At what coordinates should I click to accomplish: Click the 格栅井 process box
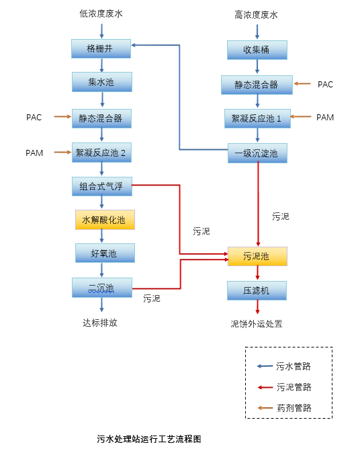click(101, 48)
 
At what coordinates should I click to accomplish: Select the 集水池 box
click(101, 82)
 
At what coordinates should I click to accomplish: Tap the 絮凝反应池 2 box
click(101, 153)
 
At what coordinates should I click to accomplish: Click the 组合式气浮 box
click(101, 186)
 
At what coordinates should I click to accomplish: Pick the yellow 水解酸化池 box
click(104, 220)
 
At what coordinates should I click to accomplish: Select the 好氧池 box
click(104, 253)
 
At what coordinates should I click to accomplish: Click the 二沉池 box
click(101, 288)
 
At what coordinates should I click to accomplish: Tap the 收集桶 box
click(257, 50)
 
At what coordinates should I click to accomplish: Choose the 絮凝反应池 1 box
click(257, 118)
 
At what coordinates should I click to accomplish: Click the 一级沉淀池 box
click(257, 153)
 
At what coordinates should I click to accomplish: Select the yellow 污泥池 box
click(257, 256)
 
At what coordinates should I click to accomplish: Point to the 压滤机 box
click(257, 290)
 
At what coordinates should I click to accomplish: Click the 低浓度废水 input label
click(101, 13)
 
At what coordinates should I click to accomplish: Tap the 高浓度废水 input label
click(256, 15)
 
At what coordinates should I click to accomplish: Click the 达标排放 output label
click(100, 323)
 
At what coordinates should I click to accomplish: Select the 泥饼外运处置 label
click(257, 323)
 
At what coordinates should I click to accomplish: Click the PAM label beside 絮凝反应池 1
click(325, 118)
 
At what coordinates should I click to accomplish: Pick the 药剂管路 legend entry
click(294, 408)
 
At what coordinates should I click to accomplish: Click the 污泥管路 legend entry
click(294, 387)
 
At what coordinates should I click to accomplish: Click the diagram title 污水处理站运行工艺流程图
click(149, 439)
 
